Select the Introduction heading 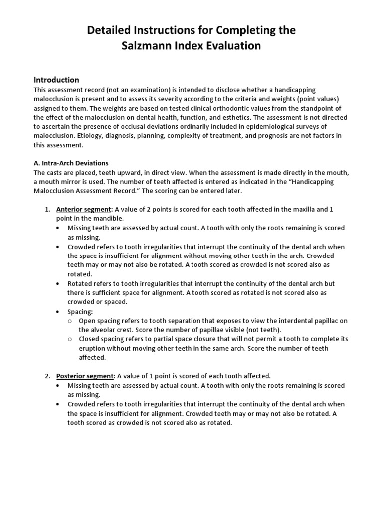[x=56, y=80]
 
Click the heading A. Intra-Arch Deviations [x=71, y=163]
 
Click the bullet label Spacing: [x=80, y=311]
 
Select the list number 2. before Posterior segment [x=48, y=376]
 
